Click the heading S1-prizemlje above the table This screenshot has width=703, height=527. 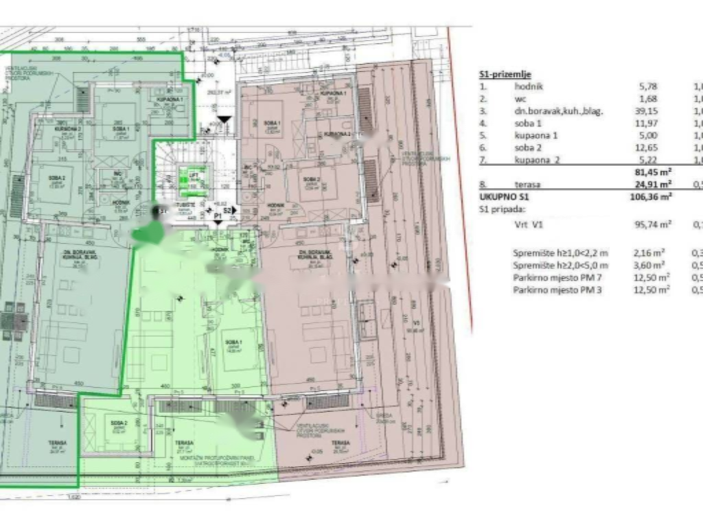click(505, 74)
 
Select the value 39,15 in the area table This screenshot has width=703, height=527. click(649, 111)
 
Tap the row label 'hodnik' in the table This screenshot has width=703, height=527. click(529, 86)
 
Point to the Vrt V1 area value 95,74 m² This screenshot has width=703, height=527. click(652, 224)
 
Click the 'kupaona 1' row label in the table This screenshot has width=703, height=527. click(536, 135)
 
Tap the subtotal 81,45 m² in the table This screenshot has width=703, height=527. click(652, 172)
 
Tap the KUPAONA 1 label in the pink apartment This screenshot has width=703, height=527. click(332, 93)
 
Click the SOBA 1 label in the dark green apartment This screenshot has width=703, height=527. click(120, 129)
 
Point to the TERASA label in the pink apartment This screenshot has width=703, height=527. click(341, 443)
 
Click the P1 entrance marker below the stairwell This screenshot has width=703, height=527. click(218, 215)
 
